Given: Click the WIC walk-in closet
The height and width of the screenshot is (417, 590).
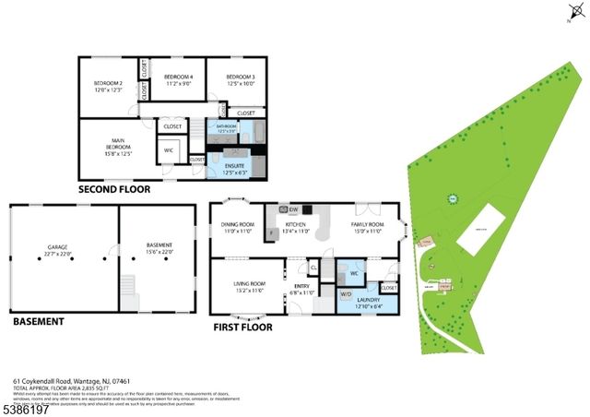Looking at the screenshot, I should tap(169, 150).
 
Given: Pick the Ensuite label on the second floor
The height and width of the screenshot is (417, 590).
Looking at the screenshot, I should tap(234, 166).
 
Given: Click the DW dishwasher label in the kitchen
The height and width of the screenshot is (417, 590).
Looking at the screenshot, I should tap(282, 210).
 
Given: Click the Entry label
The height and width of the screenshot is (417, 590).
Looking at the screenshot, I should tap(303, 288).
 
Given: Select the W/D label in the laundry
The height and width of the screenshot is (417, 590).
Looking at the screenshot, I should tap(347, 294).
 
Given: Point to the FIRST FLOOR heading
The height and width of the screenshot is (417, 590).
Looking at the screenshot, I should tap(242, 327).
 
